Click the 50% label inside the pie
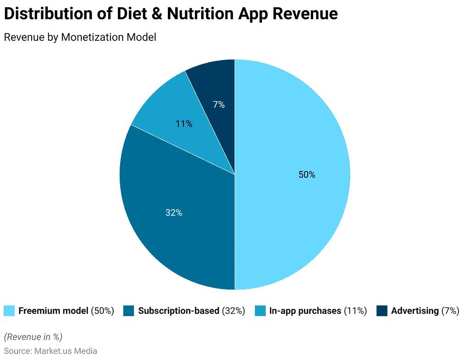pos(307,175)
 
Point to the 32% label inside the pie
pos(174,213)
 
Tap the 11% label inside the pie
pos(184,124)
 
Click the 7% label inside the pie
pos(219,104)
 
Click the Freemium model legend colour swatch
pos(9,311)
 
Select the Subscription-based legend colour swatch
pos(129,311)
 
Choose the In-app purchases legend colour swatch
pos(260,311)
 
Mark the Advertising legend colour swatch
pos(382,311)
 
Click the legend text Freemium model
pos(53,311)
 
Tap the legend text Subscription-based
pos(179,311)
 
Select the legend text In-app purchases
pos(305,311)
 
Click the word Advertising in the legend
pos(414,311)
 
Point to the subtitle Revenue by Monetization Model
pos(80,37)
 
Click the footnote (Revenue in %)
pos(33,337)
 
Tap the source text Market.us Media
pos(66,351)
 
